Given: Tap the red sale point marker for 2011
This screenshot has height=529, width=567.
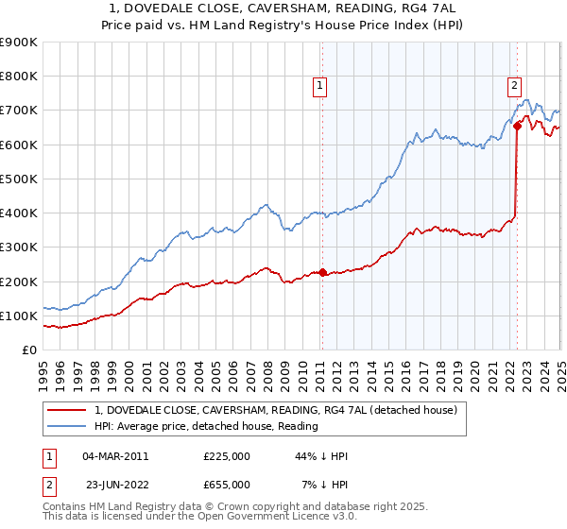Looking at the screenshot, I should pos(322,273).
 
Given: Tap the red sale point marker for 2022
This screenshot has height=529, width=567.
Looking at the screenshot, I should pos(518,126).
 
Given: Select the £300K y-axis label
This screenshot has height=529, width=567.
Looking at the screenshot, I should pos(20,247).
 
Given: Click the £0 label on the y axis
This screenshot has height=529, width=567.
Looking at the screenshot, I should pos(29,350).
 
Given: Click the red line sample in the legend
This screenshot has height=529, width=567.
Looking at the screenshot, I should pos(66,410).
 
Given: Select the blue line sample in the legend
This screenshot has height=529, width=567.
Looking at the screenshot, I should pos(66,426).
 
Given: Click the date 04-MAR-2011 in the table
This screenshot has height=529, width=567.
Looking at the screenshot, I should pos(115,456).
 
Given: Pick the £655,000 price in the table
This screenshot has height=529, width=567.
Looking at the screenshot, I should pos(227,485).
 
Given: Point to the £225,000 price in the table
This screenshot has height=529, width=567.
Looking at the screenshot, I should pos(227,456).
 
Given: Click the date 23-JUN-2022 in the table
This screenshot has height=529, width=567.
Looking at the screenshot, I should pos(115,485).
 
